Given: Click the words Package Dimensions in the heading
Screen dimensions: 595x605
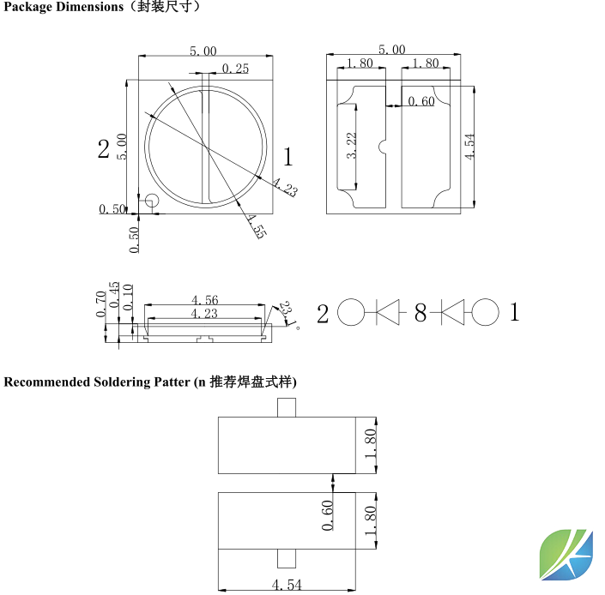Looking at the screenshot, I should [64, 7].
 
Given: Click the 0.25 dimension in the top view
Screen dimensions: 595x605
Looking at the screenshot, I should [235, 69].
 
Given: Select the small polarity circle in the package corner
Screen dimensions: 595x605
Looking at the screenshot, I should [151, 201].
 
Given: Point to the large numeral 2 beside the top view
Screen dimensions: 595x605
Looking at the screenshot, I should [104, 149].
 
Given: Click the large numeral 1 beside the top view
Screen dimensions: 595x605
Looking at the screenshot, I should [288, 157].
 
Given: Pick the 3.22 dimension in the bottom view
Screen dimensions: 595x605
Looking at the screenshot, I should [351, 146].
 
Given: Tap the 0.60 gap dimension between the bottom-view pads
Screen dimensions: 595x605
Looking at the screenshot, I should [420, 102].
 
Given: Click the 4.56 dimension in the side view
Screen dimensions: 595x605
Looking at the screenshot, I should [205, 300].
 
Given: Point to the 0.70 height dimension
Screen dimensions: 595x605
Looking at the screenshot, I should [101, 304].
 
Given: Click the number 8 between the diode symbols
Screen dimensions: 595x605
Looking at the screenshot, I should [420, 314].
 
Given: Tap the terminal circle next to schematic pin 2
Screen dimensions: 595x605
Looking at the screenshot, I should [351, 313].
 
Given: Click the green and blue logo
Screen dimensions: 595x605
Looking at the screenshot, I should [566, 555].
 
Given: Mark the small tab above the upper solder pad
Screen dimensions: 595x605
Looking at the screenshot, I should [287, 408].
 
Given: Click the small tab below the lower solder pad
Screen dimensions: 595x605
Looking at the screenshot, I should [287, 558].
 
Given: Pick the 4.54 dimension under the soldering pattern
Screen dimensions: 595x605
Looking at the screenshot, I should [287, 585].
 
